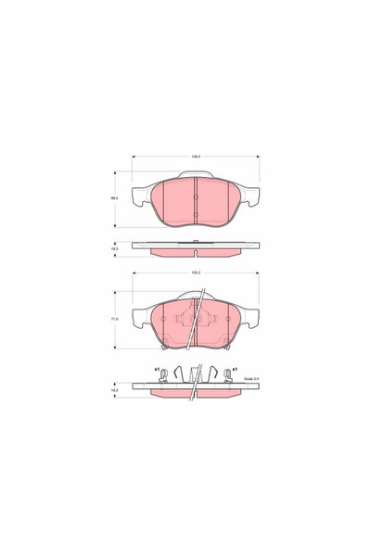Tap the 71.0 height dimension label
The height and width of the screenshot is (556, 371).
[x=115, y=321]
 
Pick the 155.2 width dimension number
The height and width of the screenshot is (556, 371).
[x=196, y=273]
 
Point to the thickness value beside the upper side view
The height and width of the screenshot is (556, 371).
[x=115, y=248]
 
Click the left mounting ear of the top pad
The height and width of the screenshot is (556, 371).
[x=141, y=196]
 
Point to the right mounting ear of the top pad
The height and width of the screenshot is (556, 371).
[x=249, y=196]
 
